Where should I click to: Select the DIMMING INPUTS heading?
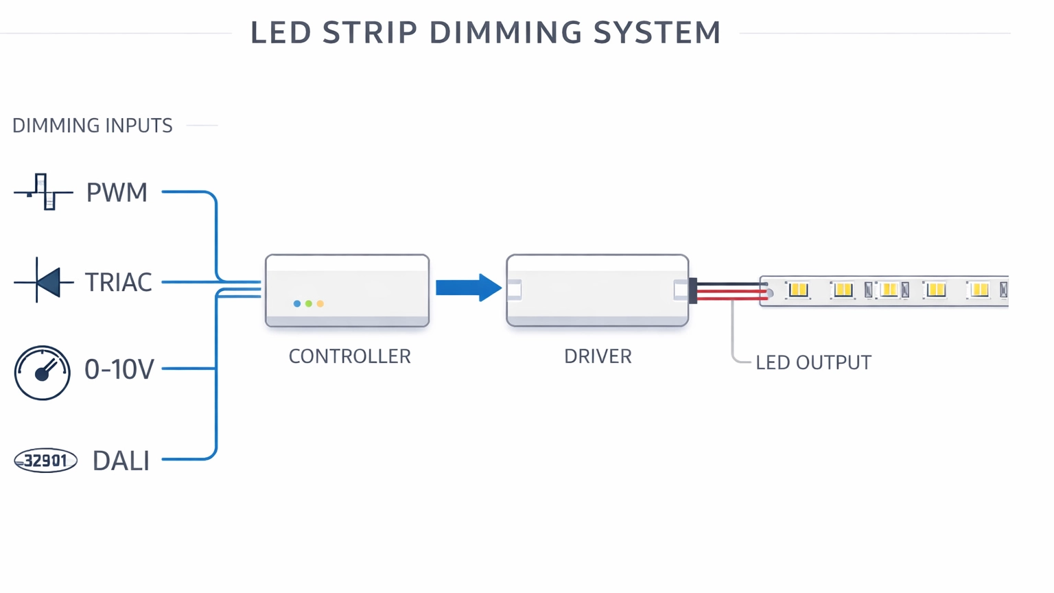(93, 126)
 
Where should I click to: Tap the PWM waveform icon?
(44, 192)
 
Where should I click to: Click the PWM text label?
(117, 193)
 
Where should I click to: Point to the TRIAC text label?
(118, 282)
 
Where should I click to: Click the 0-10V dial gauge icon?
(43, 373)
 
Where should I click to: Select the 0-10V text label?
(119, 370)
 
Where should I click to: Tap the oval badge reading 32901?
(46, 461)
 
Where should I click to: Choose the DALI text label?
(121, 461)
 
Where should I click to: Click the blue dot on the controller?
(297, 303)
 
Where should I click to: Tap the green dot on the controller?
(309, 303)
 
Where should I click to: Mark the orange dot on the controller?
(320, 303)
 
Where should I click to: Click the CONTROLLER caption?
(349, 356)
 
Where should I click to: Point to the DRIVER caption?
(598, 356)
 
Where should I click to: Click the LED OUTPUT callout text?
(813, 362)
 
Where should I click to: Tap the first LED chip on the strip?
(798, 290)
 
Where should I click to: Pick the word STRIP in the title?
(370, 33)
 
